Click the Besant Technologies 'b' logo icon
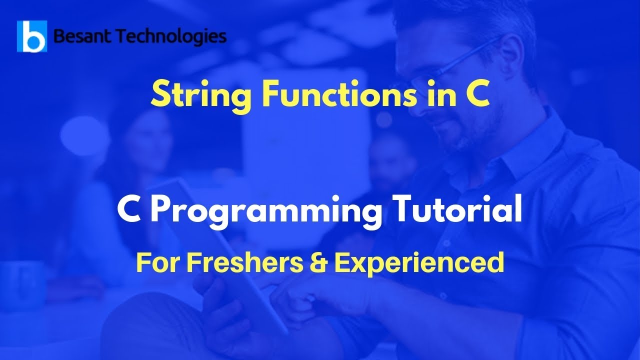[32, 36]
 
